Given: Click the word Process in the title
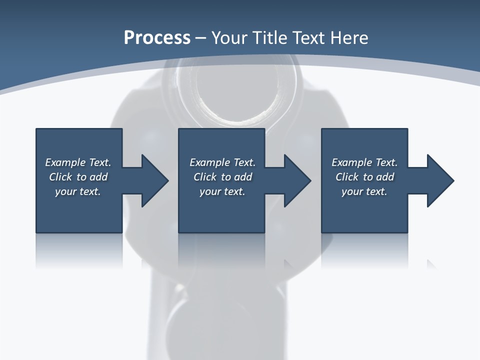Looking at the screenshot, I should (157, 38).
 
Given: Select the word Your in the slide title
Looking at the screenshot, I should (231, 38).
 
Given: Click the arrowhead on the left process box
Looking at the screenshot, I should (152, 180).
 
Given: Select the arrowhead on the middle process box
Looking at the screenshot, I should (295, 180).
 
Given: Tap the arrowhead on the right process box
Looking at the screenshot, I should (438, 180).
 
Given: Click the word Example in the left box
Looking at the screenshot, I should (65, 162).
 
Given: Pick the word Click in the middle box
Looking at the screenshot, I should (205, 177).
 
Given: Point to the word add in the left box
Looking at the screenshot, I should (98, 177).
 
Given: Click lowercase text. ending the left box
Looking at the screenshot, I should (89, 191).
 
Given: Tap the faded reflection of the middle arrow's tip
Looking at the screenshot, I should (287, 263).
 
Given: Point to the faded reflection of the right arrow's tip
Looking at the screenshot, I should (430, 263).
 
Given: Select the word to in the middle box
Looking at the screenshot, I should (226, 177).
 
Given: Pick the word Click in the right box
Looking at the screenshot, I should (347, 177).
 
